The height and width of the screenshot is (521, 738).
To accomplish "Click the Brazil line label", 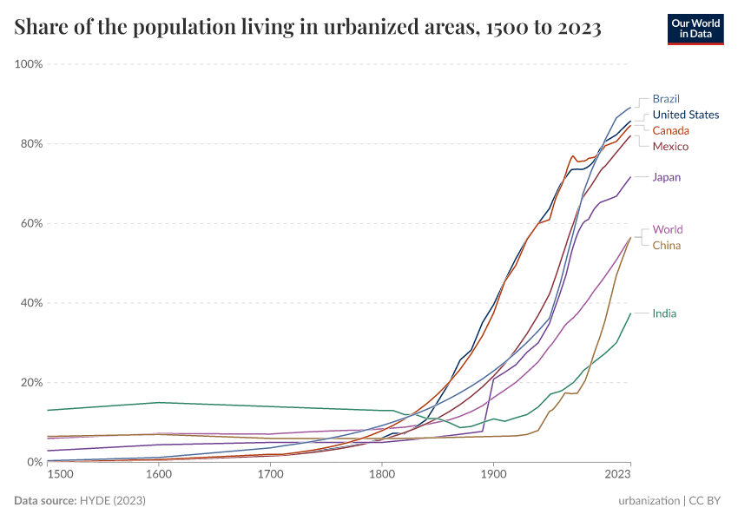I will click(666, 99).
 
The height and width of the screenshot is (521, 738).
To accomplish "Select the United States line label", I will click(686, 115).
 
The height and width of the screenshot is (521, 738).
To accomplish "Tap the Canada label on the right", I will click(671, 130).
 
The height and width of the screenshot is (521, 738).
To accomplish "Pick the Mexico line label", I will click(670, 146).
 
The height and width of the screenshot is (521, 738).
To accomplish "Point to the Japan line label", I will click(667, 177).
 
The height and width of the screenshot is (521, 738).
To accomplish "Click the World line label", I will click(668, 230).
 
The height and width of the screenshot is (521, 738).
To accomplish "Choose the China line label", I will click(667, 246).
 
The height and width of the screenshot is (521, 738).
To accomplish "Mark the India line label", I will click(665, 313).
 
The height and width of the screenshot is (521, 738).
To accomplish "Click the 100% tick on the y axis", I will click(29, 64).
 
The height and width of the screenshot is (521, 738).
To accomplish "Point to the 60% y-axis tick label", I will click(31, 223).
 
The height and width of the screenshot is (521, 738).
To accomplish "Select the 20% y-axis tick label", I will click(31, 383).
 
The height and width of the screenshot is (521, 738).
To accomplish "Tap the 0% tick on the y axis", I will click(35, 463).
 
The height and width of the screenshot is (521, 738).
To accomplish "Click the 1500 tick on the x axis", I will click(60, 476).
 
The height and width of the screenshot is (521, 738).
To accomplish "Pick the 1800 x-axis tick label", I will click(382, 476).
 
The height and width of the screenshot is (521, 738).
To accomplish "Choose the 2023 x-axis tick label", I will click(617, 476).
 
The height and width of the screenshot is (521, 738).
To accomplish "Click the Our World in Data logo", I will click(695, 28).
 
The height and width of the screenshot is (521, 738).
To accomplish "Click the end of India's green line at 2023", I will click(630, 313).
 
